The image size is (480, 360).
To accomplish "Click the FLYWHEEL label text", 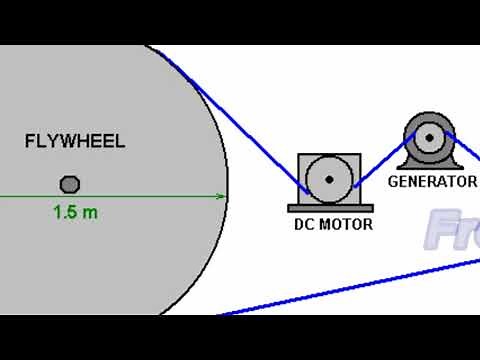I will (75, 141).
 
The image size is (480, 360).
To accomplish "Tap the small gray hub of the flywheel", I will (70, 184).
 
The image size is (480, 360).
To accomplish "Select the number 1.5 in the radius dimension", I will (65, 212).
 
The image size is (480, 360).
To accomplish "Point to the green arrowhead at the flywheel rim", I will (220, 197).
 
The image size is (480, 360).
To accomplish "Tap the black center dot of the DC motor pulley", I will (329, 179).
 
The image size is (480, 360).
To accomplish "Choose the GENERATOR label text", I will (432, 182).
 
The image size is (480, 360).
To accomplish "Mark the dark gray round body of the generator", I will (414, 126).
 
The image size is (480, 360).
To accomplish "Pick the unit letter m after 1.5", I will (90, 212).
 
